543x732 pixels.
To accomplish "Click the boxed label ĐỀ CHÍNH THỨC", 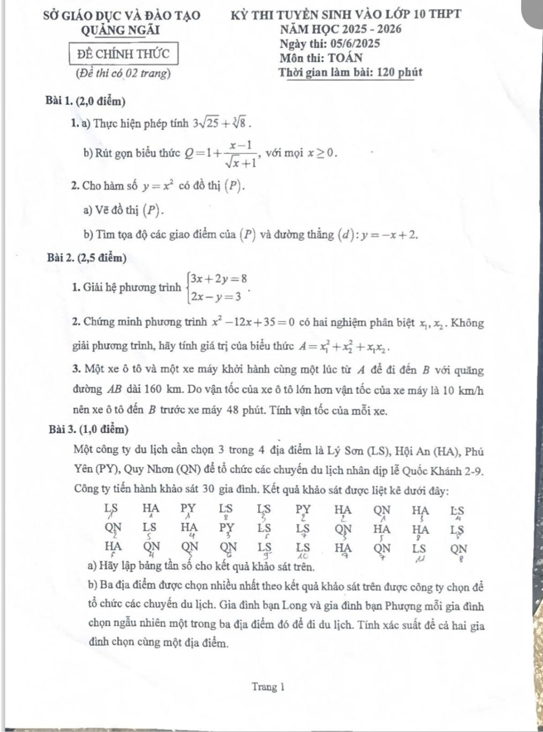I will [x=123, y=54].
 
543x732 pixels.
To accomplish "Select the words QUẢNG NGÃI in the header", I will [x=120, y=30].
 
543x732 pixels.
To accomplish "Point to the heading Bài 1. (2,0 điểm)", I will [x=86, y=101].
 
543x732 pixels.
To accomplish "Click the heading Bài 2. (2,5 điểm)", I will [x=86, y=258].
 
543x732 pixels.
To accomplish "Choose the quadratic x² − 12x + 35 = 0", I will [x=253, y=323].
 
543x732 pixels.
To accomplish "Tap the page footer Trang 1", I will [x=268, y=687].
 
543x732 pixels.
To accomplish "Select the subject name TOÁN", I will [x=345, y=58].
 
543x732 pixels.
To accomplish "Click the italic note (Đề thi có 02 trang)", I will [x=124, y=73].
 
